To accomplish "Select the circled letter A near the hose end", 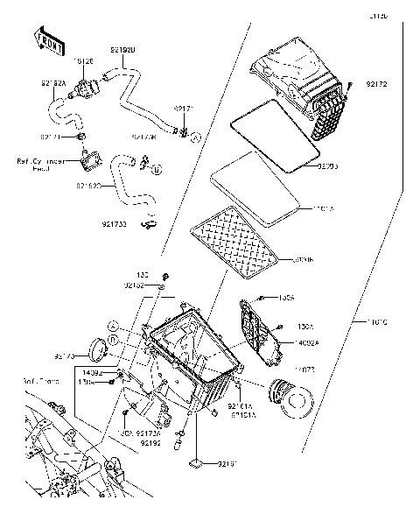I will coord(195,137).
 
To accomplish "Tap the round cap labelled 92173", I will coord(102,349).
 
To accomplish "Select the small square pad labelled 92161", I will coord(199,461).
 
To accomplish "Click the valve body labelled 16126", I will coord(88,87).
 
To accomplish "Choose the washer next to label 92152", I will coord(164,286).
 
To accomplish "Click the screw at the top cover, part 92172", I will coord(347,85).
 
